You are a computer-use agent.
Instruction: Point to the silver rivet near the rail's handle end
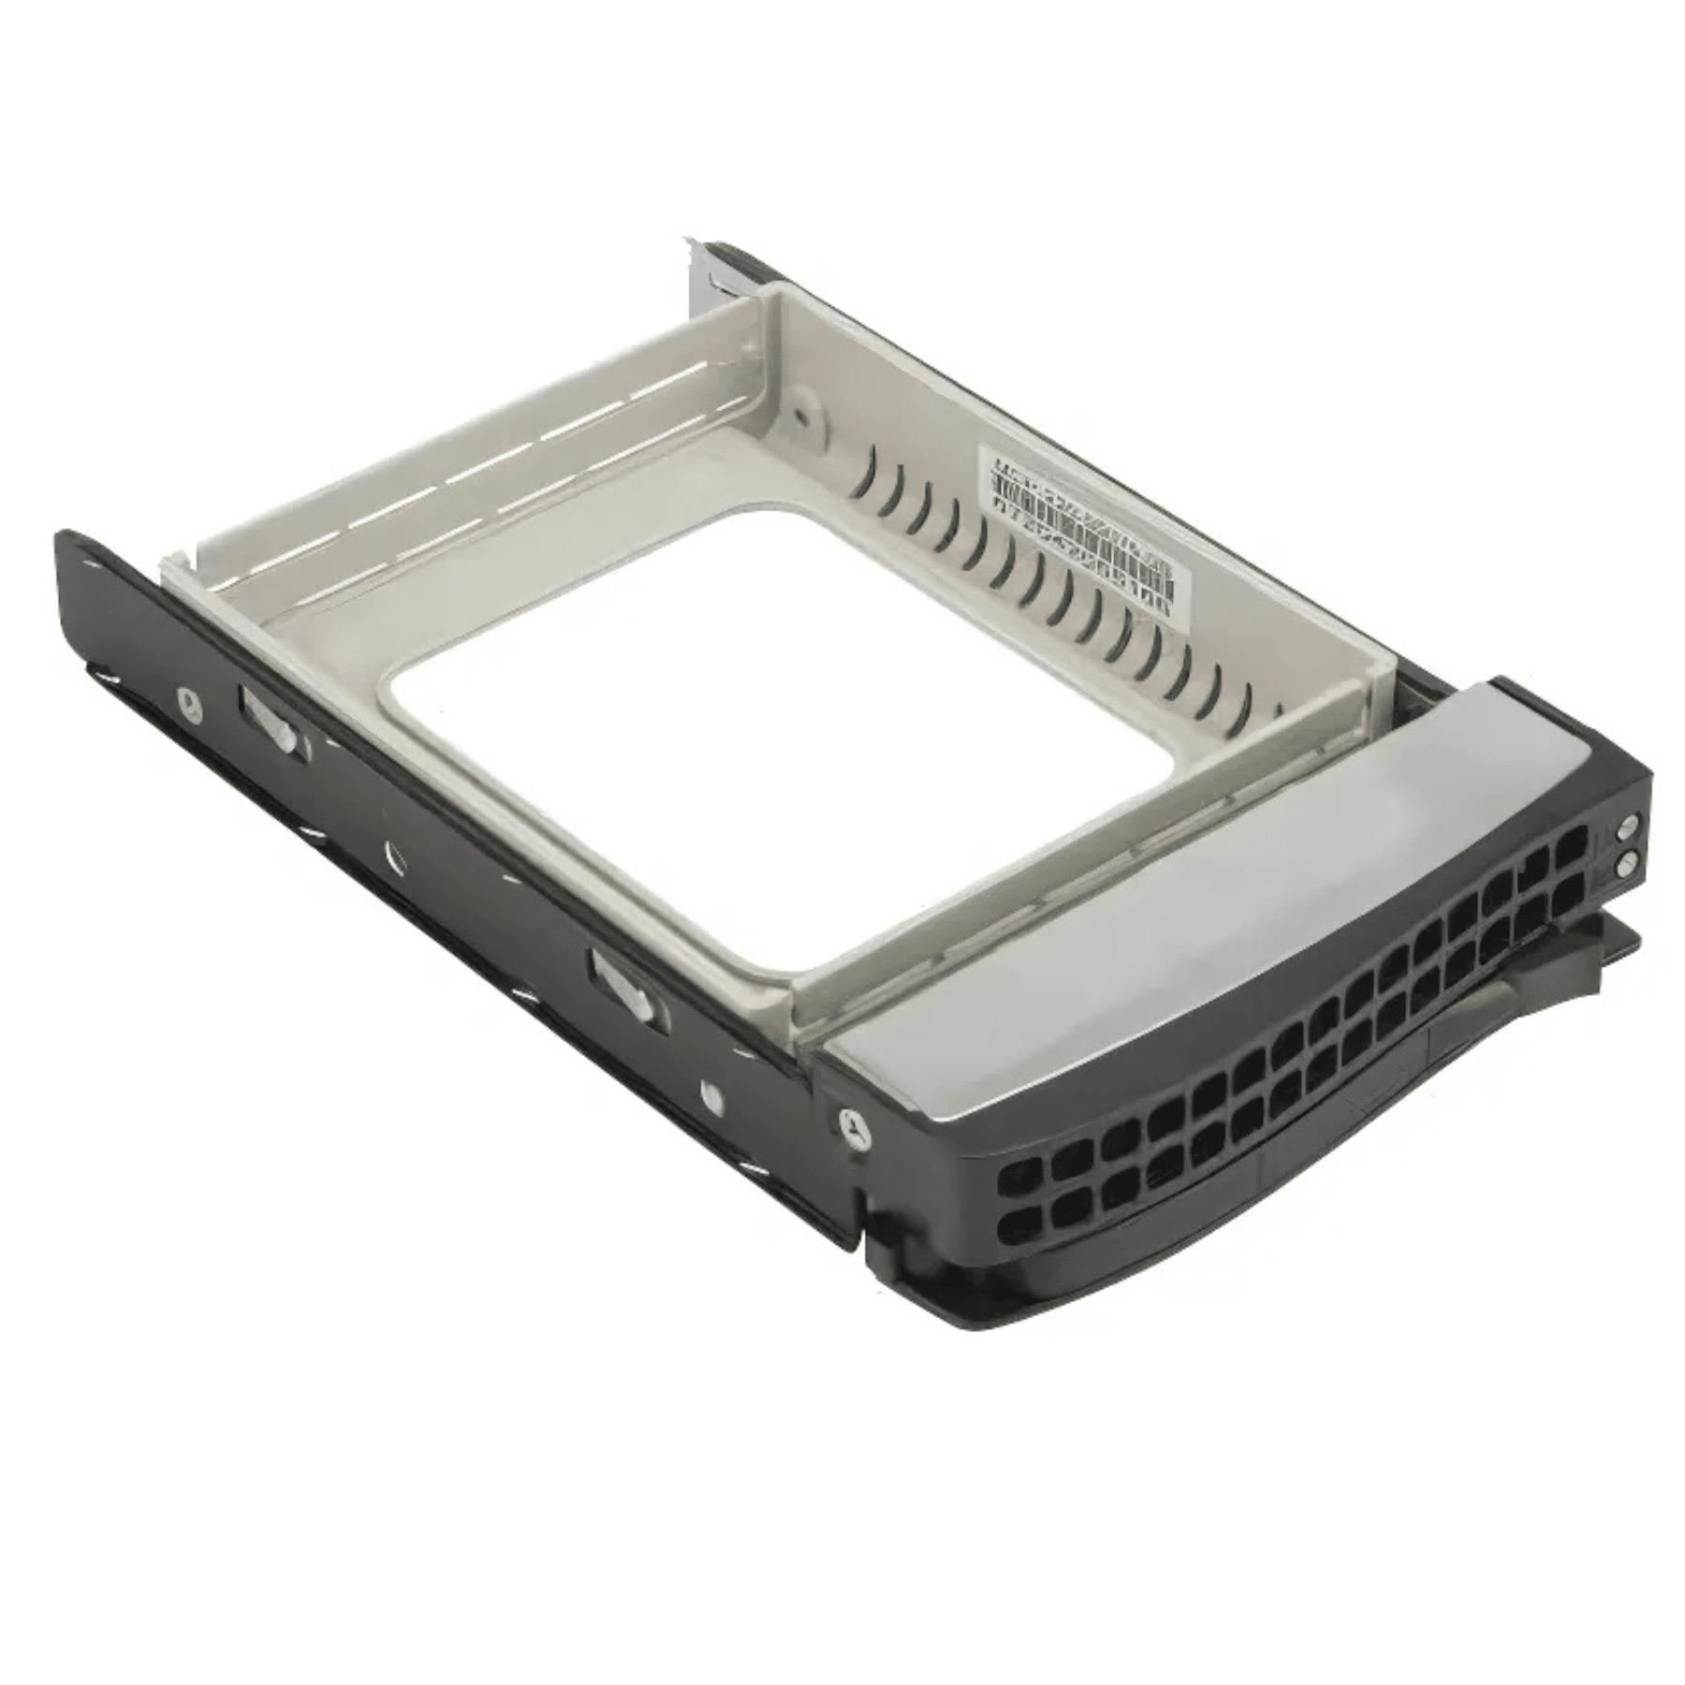(709, 1095)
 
